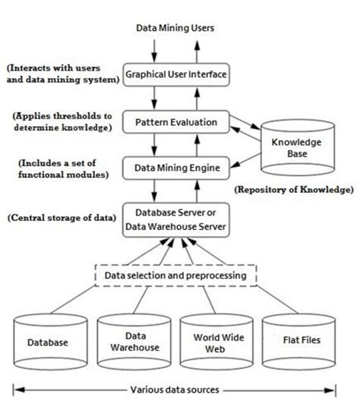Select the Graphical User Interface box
(175, 76)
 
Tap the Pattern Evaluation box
(175, 121)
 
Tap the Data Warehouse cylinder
(134, 342)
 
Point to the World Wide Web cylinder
(217, 342)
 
